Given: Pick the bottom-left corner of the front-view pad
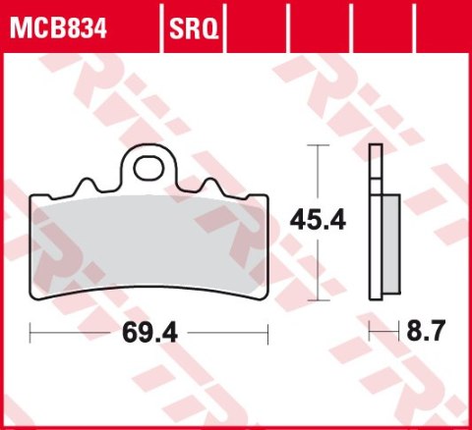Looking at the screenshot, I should (x=37, y=296).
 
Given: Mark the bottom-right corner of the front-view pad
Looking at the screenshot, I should (x=264, y=296).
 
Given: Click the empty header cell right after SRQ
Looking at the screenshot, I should (x=257, y=24).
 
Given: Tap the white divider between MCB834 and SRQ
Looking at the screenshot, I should (x=160, y=24).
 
